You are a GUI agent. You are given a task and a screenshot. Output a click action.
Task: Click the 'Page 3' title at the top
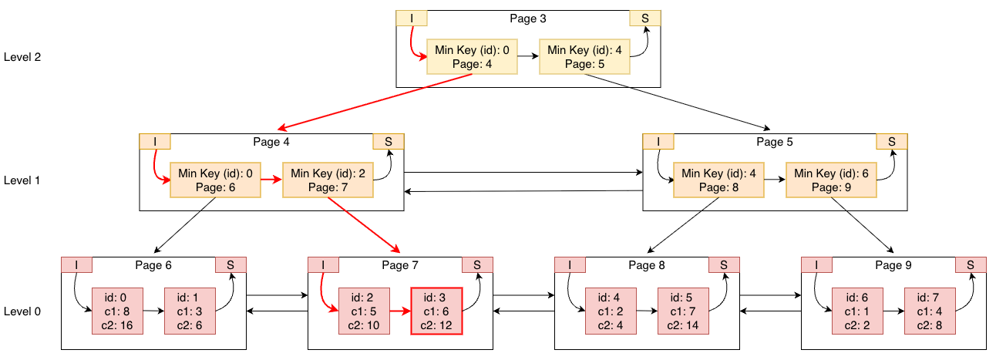click(528, 18)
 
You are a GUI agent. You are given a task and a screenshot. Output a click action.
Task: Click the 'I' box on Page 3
click(411, 19)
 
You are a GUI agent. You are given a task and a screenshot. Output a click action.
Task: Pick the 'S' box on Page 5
click(891, 141)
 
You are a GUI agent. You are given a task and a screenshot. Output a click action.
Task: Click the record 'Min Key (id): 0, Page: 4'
click(473, 57)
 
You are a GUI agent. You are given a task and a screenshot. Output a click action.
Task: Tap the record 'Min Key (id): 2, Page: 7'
click(328, 180)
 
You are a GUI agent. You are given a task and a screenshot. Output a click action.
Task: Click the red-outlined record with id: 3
click(436, 311)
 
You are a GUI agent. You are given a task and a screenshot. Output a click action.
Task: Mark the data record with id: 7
click(930, 311)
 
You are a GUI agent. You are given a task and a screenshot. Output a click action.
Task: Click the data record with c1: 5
click(364, 311)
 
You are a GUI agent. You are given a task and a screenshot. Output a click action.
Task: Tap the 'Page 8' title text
click(646, 265)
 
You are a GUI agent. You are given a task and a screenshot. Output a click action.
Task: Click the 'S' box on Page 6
click(230, 264)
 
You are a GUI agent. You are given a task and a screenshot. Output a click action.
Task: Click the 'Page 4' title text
click(271, 142)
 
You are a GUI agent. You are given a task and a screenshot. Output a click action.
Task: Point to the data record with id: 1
click(189, 311)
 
